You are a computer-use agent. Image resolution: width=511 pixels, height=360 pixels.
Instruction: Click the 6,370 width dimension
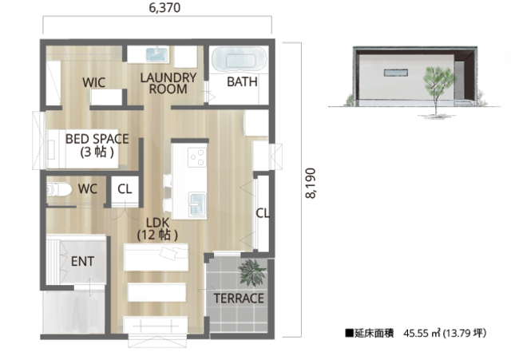(x=164, y=8)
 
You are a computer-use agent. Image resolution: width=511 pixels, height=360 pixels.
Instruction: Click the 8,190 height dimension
(x=311, y=183)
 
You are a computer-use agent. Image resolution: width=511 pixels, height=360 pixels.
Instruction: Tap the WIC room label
(x=94, y=82)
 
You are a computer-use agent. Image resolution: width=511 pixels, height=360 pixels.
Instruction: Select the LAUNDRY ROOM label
(x=168, y=83)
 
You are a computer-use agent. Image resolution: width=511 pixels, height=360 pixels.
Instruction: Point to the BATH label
(x=242, y=81)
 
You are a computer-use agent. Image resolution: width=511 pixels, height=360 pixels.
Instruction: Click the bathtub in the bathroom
(x=240, y=59)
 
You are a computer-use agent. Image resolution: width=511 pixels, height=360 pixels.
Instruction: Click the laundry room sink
(x=157, y=55)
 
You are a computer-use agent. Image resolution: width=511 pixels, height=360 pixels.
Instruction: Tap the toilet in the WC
(x=59, y=189)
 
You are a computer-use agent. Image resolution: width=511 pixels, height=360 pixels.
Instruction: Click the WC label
(x=88, y=189)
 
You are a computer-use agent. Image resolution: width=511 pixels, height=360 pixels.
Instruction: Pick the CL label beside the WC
(x=125, y=189)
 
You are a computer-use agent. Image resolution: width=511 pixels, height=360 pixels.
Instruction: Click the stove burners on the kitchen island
(x=197, y=157)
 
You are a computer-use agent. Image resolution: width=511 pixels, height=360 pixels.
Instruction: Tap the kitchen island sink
(x=197, y=204)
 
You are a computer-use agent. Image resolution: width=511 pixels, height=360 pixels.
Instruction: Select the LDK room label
(x=158, y=229)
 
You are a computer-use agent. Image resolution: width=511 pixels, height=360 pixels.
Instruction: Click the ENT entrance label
(x=82, y=261)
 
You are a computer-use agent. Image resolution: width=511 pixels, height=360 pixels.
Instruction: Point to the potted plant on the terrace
(x=252, y=272)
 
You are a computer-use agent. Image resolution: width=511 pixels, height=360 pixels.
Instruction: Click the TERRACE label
(x=239, y=299)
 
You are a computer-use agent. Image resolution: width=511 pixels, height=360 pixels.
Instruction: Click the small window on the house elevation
(x=396, y=73)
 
